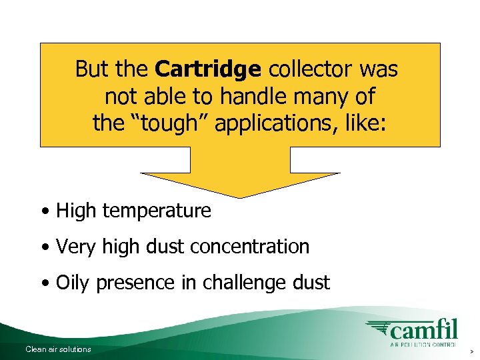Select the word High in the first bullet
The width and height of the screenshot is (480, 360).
coord(75,211)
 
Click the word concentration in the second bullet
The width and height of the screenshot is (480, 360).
coord(250,247)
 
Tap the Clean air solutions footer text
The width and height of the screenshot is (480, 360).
coord(58,349)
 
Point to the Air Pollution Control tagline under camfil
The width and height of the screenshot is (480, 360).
coord(423,345)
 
